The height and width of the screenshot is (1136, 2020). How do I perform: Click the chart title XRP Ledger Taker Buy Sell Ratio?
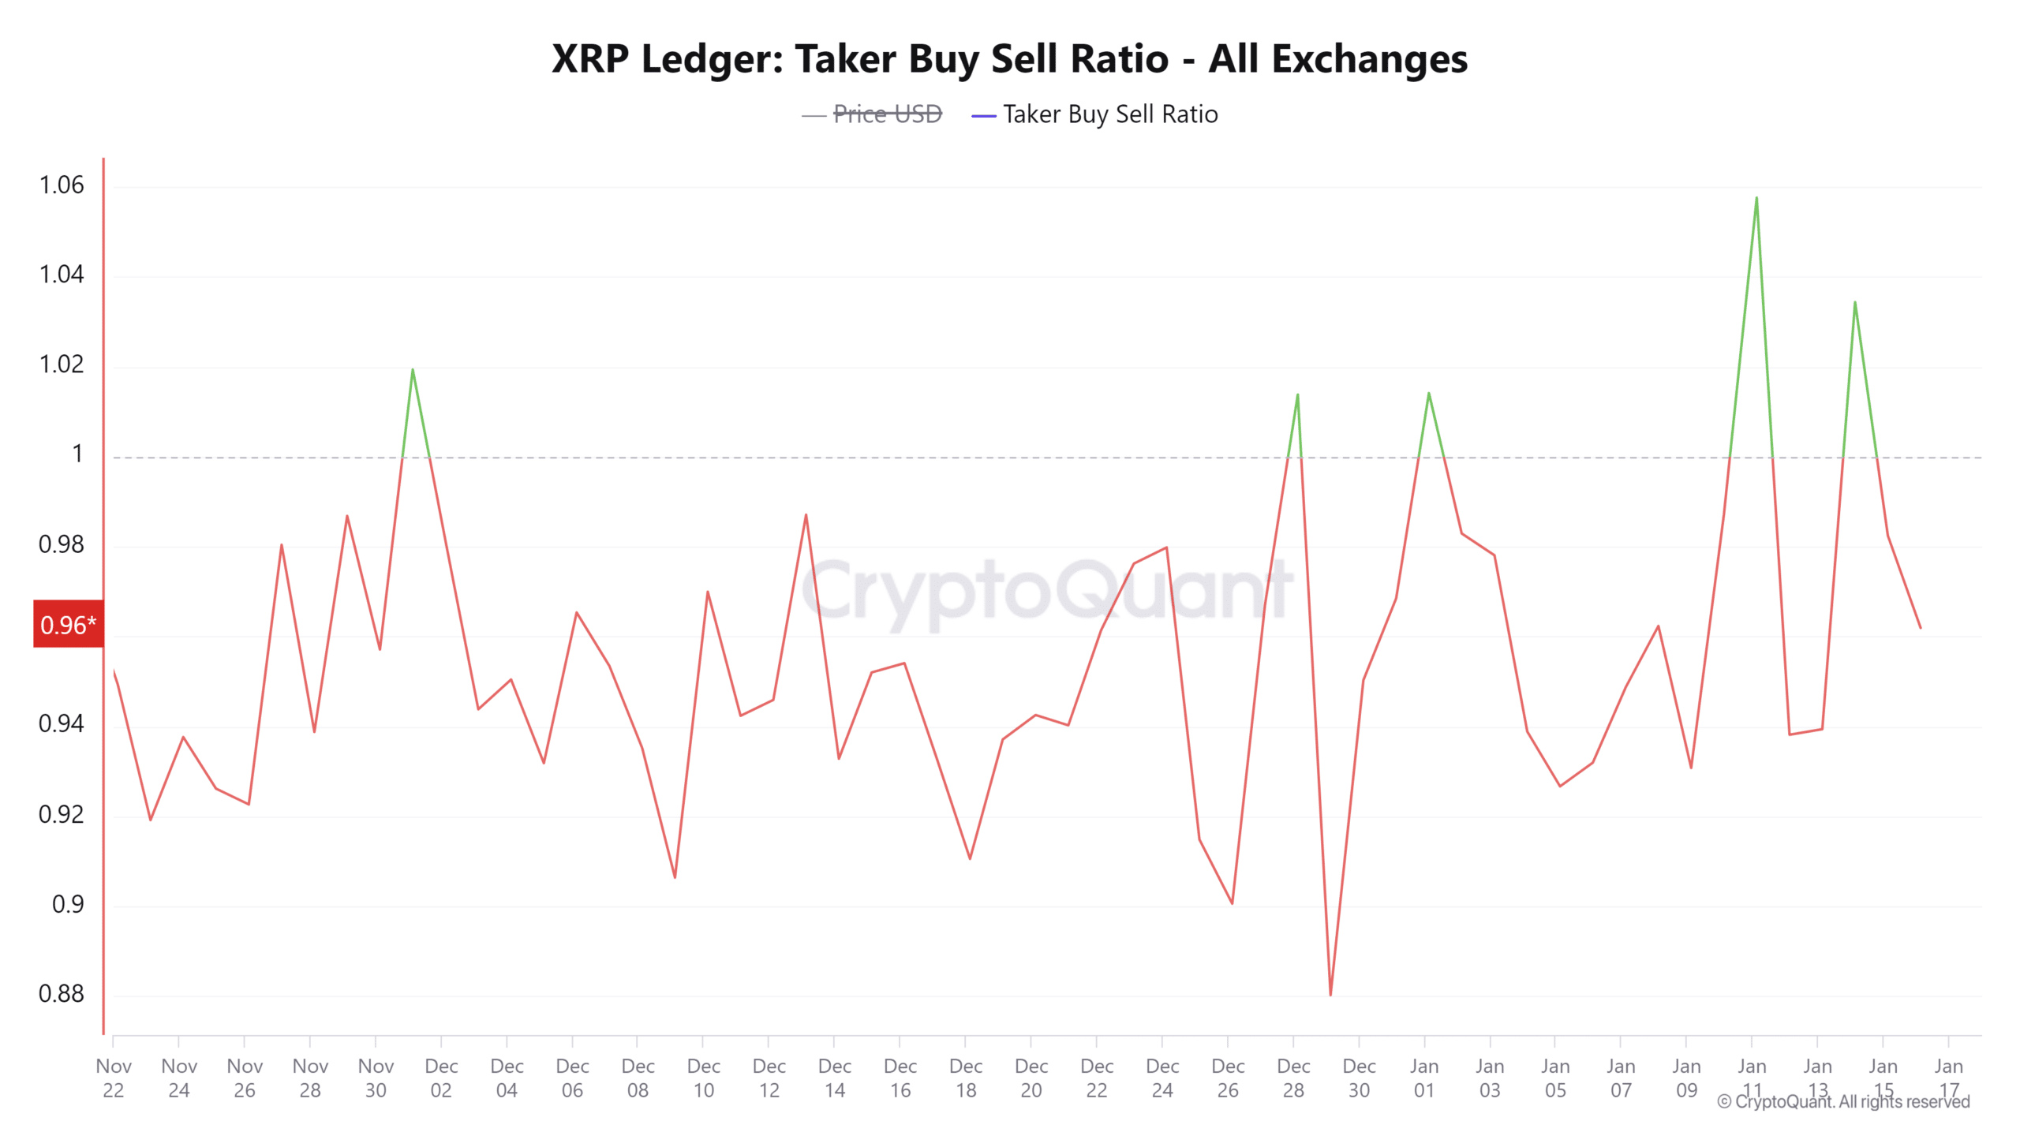(x=1009, y=59)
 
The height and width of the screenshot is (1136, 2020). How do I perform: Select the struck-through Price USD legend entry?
(x=887, y=114)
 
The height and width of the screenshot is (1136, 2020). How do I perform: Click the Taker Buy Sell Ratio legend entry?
(x=1109, y=114)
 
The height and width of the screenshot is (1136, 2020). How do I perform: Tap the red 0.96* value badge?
(x=68, y=624)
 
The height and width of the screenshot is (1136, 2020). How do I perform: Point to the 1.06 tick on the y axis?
(x=62, y=185)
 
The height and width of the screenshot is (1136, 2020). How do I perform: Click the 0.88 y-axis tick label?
(x=62, y=993)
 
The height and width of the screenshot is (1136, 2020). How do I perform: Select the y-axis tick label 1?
(x=77, y=454)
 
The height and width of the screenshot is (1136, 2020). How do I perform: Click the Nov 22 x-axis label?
(x=114, y=1078)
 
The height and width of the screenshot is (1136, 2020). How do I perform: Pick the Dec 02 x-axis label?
(x=441, y=1078)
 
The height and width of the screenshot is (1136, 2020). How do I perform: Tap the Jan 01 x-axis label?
(x=1424, y=1078)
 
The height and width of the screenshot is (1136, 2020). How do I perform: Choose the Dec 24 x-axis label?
(x=1162, y=1078)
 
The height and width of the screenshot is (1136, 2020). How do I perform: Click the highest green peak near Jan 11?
(x=1756, y=198)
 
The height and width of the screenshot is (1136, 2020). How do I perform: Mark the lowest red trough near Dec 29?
(x=1330, y=994)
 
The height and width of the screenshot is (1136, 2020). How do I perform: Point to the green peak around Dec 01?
(x=413, y=369)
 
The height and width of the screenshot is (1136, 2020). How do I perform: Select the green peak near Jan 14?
(x=1854, y=302)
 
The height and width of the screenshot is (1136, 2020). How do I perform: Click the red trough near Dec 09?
(x=675, y=877)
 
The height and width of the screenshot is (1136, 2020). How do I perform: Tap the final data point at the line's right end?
(x=1920, y=628)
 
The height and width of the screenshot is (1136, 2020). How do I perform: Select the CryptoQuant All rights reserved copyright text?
(x=1843, y=1101)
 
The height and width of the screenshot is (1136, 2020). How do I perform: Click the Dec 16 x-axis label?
(x=900, y=1078)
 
